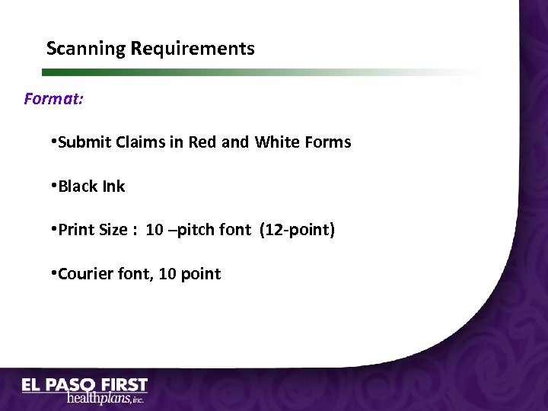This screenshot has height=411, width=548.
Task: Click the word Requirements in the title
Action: coord(193,49)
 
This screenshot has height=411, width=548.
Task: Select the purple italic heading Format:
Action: coord(54,99)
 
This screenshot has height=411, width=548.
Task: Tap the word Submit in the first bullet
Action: coord(84,142)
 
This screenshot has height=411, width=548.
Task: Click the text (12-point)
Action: coord(297,230)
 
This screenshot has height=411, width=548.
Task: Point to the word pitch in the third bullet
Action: coord(191,230)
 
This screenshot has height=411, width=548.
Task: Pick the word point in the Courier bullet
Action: coord(201,274)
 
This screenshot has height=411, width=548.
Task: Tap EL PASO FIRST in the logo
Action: coord(84,386)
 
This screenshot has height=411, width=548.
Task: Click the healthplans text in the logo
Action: coord(99,399)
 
